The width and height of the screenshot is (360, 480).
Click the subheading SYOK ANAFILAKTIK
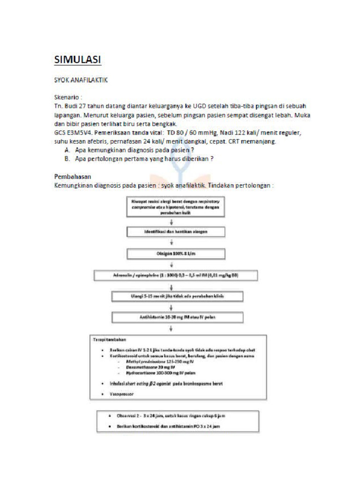(81, 80)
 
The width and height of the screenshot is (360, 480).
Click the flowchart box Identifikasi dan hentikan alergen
(175, 232)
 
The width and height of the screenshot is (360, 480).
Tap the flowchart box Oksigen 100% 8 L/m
(175, 254)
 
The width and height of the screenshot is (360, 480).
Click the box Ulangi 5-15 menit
(178, 296)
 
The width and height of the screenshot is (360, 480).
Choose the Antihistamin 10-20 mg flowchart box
(178, 317)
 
